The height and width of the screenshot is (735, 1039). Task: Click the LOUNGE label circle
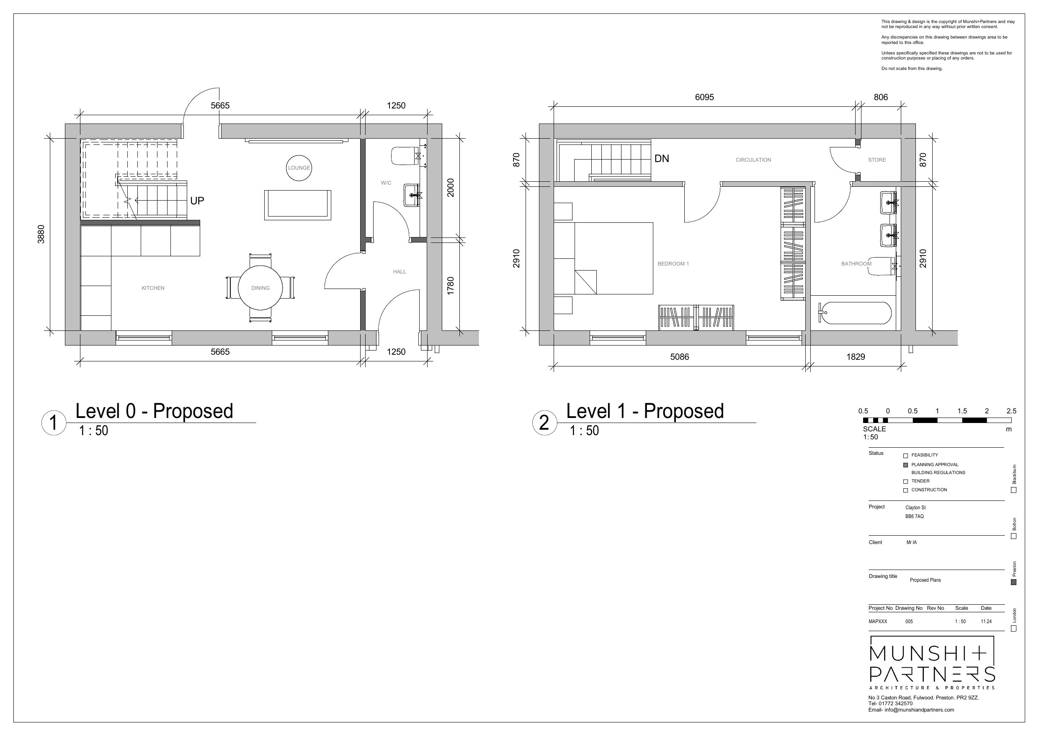click(x=299, y=168)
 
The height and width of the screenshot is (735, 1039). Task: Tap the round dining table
click(x=260, y=287)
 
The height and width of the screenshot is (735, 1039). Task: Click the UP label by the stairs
click(x=197, y=201)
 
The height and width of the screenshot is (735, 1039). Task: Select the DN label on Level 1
click(x=662, y=158)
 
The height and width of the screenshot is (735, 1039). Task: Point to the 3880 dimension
click(x=41, y=234)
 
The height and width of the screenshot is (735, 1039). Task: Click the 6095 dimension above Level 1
click(x=704, y=97)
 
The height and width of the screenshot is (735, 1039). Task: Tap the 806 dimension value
click(x=881, y=97)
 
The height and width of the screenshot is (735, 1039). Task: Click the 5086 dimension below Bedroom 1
click(x=679, y=357)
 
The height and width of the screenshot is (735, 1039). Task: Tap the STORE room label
click(x=877, y=160)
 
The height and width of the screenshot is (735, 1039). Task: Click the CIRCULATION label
click(x=753, y=160)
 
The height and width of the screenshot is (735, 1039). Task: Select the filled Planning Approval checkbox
click(x=905, y=465)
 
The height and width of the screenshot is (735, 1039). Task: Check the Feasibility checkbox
click(x=905, y=456)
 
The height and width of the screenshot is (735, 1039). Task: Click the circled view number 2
click(x=544, y=423)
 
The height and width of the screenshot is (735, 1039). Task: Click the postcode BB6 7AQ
click(x=914, y=516)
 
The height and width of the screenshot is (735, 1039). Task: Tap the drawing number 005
click(x=909, y=622)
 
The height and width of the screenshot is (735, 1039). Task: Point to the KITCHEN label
click(x=153, y=288)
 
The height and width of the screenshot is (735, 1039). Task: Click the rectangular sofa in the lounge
click(x=297, y=205)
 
